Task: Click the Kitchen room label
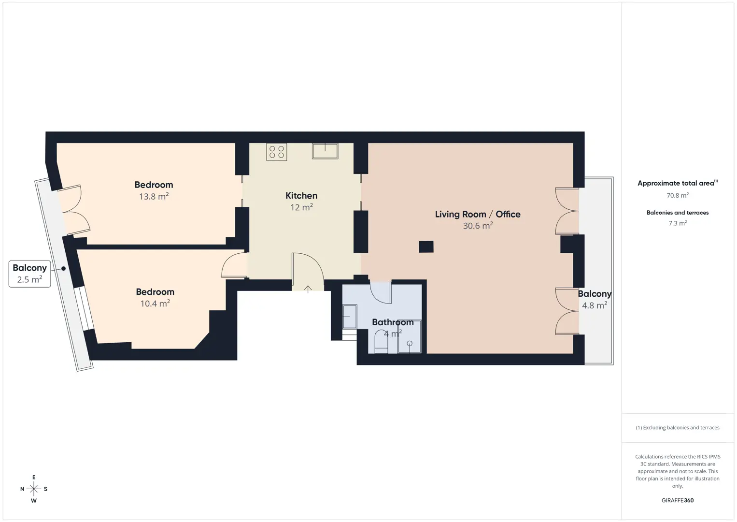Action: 301,196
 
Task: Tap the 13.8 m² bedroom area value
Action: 154,196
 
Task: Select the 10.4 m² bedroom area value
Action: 156,304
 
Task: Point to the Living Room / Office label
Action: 478,215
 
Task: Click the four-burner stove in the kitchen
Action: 277,152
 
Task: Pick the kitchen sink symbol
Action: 325,151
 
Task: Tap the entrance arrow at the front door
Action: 308,289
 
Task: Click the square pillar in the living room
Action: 426,246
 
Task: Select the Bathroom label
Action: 393,322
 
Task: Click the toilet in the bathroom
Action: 382,342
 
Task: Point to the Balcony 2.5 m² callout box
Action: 29,274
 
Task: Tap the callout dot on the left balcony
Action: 63,269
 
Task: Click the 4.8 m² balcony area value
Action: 595,305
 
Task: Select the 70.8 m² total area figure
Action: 678,195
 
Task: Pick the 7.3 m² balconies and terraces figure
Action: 678,223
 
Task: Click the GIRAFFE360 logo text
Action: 678,500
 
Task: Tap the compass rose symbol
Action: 34,489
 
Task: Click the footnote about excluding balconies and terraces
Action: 678,427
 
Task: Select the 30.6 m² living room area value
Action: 478,226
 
